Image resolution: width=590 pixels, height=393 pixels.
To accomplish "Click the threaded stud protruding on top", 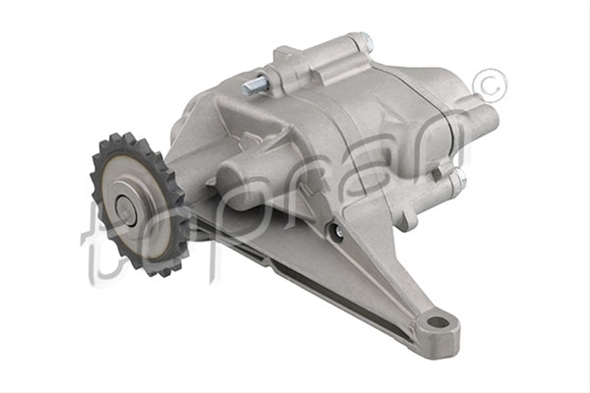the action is point(253,86).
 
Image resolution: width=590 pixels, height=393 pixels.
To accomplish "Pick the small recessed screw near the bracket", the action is point(337,231).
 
